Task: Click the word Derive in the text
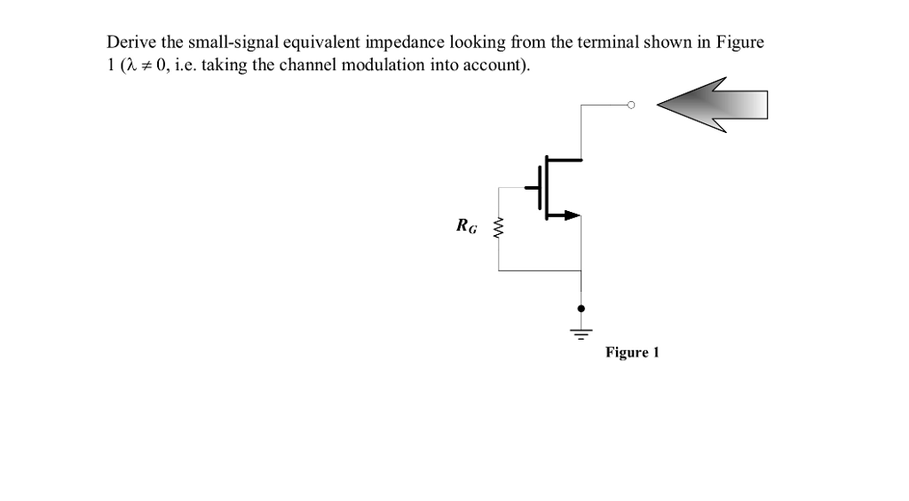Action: tap(130, 43)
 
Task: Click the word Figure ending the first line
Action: tap(740, 43)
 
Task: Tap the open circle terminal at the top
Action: tap(631, 105)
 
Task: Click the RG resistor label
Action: tap(466, 226)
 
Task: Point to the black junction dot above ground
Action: tap(581, 309)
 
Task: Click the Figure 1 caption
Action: tap(632, 353)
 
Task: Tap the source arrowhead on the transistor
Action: tap(571, 214)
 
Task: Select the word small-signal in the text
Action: tap(223, 43)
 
